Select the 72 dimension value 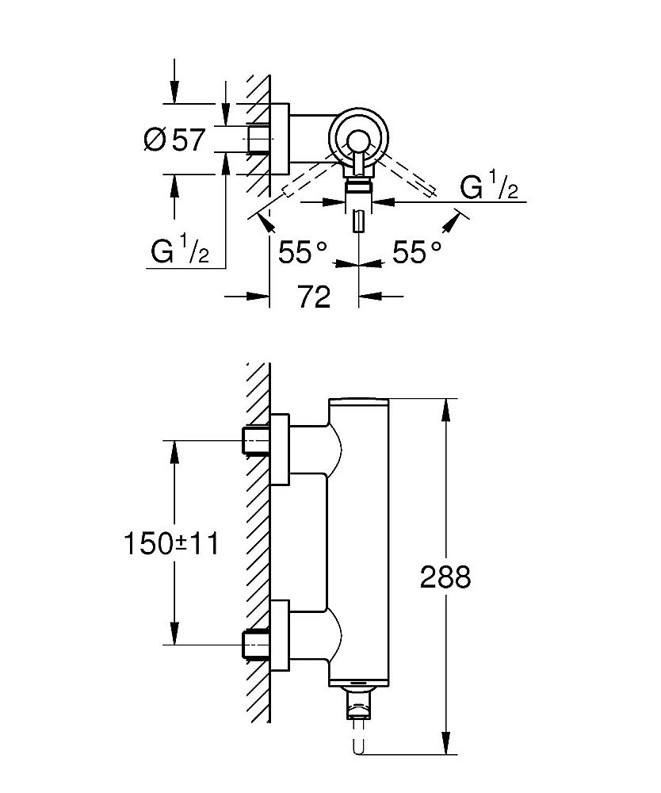[315, 297]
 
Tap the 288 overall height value [445, 577]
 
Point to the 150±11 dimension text [170, 543]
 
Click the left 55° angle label [302, 253]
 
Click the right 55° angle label [418, 253]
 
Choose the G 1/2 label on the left [180, 252]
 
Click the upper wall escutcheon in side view [281, 450]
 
